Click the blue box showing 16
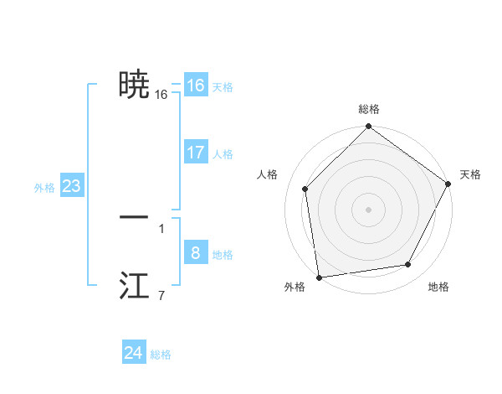tap(196, 86)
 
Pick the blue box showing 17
tap(196, 153)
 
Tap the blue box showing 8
tap(196, 253)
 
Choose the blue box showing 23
tap(71, 186)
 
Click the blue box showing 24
tap(134, 353)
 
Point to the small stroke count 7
tap(161, 295)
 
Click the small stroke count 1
tap(161, 228)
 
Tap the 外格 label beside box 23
tap(44, 188)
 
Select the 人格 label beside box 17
tap(223, 154)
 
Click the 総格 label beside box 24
tap(161, 355)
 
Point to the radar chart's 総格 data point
tap(368, 127)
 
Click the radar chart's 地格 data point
tap(408, 265)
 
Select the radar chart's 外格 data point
tap(319, 277)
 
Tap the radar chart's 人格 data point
tap(305, 189)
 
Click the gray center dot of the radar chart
tap(368, 209)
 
